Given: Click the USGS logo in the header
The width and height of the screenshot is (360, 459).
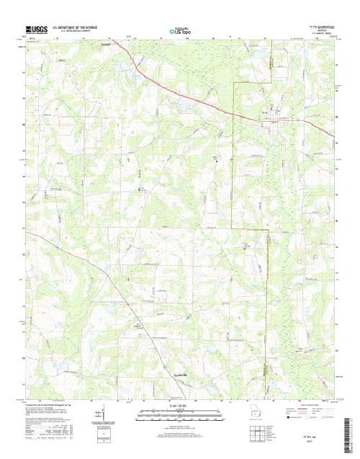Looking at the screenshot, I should pyautogui.click(x=35, y=31).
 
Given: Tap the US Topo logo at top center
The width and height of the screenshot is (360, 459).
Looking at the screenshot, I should pyautogui.click(x=180, y=32).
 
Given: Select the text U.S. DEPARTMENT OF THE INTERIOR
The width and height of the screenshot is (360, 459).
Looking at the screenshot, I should pyautogui.click(x=75, y=29).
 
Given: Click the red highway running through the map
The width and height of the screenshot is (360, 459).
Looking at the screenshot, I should pyautogui.click(x=209, y=100).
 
